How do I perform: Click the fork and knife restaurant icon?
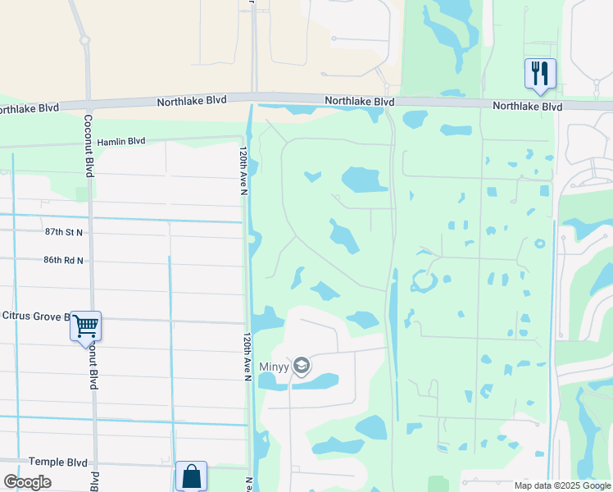coord(540,73)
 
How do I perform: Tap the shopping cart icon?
coord(85,326)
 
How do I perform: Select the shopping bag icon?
coord(191,476)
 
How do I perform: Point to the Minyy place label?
coord(275,367)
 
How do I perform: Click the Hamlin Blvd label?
coord(121,141)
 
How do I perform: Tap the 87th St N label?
coord(64,233)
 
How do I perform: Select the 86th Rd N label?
coord(64,260)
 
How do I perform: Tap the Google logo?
coord(27,482)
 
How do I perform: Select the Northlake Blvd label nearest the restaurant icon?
coord(527,107)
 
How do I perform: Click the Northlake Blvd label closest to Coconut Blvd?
coord(191,102)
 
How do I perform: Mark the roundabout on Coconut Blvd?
coord(84,39)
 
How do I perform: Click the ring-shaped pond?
coord(425,281)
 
